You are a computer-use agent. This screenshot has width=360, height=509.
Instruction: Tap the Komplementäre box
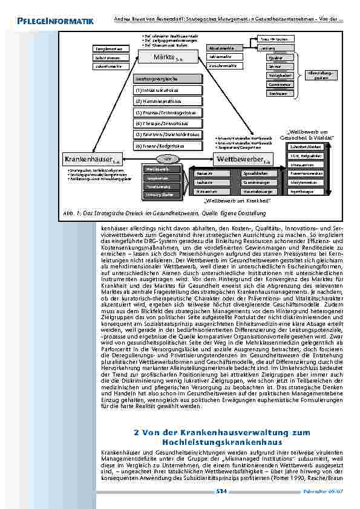(x=109, y=48)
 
